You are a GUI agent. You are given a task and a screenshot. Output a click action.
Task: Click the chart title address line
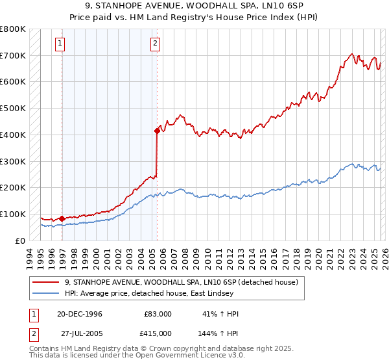point(194,6)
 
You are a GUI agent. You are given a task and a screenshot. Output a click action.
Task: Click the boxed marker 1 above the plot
point(60,44)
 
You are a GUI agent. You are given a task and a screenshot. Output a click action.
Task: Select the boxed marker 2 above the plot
point(156,44)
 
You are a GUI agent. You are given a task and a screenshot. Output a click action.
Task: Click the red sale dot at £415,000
point(157,131)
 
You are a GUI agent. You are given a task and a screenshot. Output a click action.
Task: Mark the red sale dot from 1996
point(62,218)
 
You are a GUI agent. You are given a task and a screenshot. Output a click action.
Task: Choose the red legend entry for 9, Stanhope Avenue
point(181,282)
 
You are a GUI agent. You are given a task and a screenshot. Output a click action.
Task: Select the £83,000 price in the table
point(158,314)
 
